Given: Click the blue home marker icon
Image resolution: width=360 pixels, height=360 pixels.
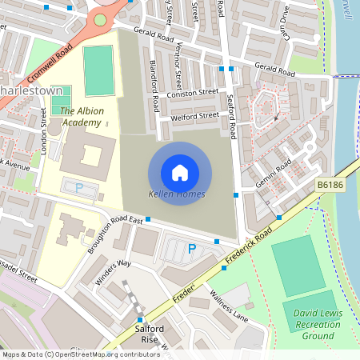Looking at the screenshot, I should [x=180, y=172].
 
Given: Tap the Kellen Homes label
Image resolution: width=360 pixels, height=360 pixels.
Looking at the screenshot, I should [x=177, y=194].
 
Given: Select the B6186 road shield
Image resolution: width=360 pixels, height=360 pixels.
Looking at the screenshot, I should [x=330, y=185].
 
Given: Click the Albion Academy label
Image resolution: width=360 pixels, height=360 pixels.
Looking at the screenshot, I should [x=81, y=117].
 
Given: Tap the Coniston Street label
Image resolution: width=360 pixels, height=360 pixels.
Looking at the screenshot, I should [x=192, y=94].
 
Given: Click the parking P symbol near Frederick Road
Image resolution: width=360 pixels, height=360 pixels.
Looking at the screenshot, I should [x=192, y=249].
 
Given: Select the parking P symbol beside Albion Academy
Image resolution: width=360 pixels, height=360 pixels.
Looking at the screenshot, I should [x=79, y=188].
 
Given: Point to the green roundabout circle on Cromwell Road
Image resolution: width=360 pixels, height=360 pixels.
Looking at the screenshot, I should [x=100, y=20].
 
